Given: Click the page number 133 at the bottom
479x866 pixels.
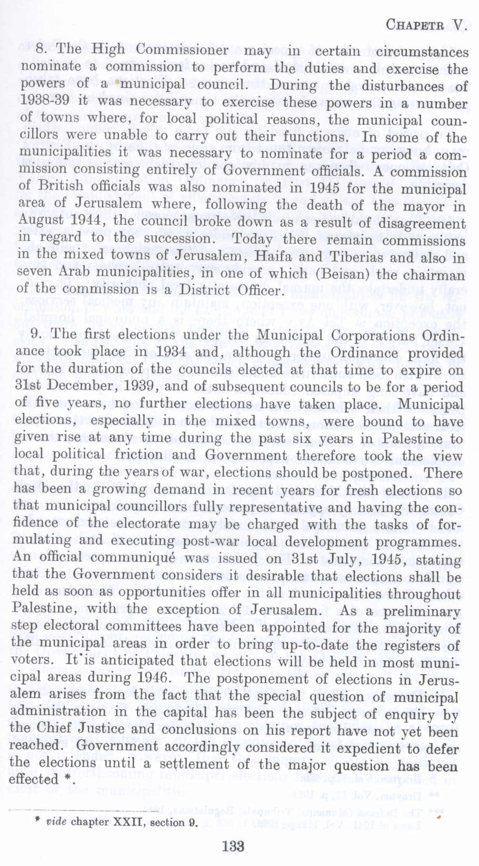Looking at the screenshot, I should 233,846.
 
